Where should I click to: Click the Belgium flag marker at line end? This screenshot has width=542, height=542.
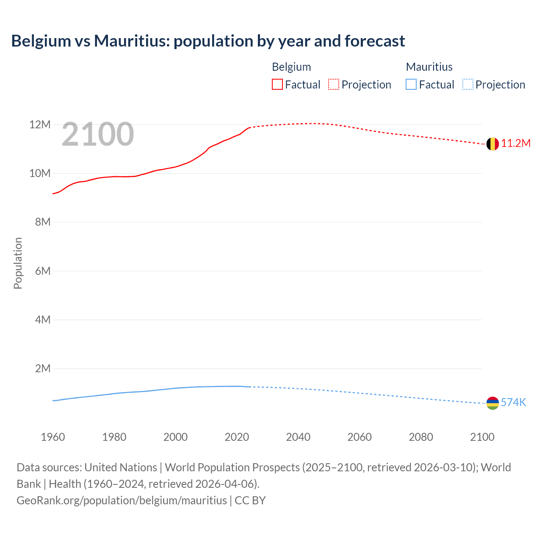[492, 144]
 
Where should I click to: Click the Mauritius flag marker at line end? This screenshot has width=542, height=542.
[492, 403]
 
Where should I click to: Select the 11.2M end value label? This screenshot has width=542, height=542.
[516, 144]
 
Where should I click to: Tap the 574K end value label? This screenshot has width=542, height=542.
[513, 402]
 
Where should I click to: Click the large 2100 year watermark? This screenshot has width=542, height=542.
[98, 135]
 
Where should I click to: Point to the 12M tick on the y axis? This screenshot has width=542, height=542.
[40, 124]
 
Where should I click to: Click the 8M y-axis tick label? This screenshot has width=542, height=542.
[42, 222]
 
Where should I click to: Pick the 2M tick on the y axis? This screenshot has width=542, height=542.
[42, 368]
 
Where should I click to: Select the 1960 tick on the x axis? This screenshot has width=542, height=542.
[53, 437]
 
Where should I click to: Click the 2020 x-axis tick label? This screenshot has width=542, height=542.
[237, 437]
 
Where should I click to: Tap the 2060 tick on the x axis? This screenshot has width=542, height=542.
[359, 437]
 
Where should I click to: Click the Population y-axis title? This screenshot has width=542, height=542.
[18, 263]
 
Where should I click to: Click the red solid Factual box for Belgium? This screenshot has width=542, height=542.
[277, 85]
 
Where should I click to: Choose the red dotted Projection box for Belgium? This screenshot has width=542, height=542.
[334, 85]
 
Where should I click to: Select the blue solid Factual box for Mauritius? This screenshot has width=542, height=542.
[411, 85]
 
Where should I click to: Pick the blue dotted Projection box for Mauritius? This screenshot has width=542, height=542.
[467, 85]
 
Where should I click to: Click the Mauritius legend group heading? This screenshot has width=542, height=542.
[429, 67]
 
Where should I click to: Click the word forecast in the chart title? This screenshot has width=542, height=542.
[375, 41]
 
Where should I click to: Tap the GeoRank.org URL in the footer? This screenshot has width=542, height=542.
[122, 501]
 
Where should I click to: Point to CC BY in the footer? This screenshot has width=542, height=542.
[250, 501]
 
